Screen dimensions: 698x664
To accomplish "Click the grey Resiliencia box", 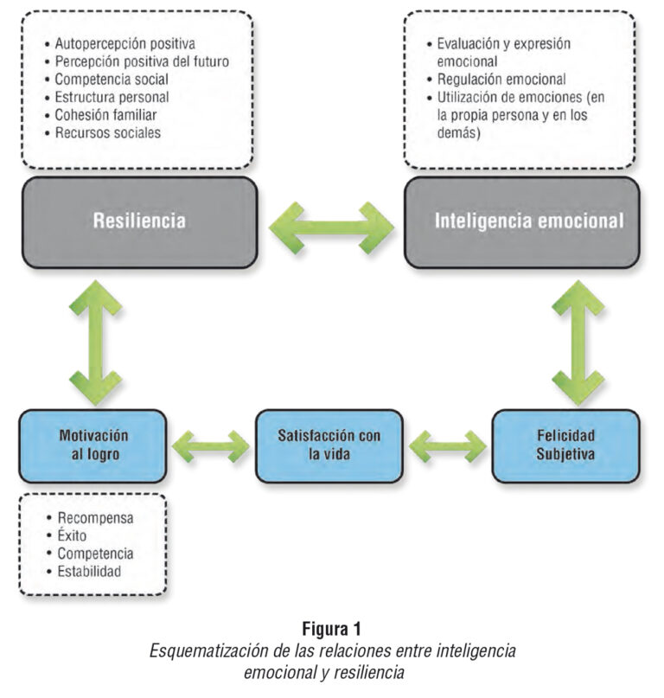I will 139,221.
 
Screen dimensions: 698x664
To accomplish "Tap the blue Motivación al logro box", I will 93,445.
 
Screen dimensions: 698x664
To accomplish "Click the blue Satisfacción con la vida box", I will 329,445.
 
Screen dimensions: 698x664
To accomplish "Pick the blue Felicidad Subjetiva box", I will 565,445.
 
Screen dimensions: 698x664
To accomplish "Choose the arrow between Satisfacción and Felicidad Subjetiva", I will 447,446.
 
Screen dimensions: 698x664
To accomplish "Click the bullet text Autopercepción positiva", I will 124,43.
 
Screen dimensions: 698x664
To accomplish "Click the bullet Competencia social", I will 111,80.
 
